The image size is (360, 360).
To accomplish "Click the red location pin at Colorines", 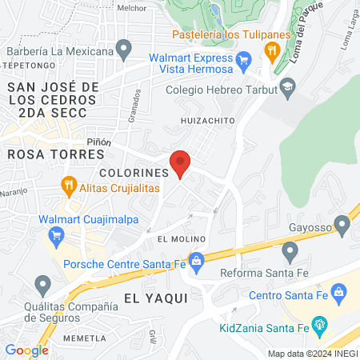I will (181, 163).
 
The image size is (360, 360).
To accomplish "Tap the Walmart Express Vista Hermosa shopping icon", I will (245, 58).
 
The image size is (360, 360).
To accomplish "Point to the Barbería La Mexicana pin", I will (123, 52).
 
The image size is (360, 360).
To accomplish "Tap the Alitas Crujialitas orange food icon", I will (70, 187).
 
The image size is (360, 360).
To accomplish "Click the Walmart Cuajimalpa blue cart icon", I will (56, 235).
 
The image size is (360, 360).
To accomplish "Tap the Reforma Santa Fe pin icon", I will (290, 253).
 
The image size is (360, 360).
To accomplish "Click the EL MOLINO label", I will (182, 238).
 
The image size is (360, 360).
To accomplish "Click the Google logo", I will (26, 350).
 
